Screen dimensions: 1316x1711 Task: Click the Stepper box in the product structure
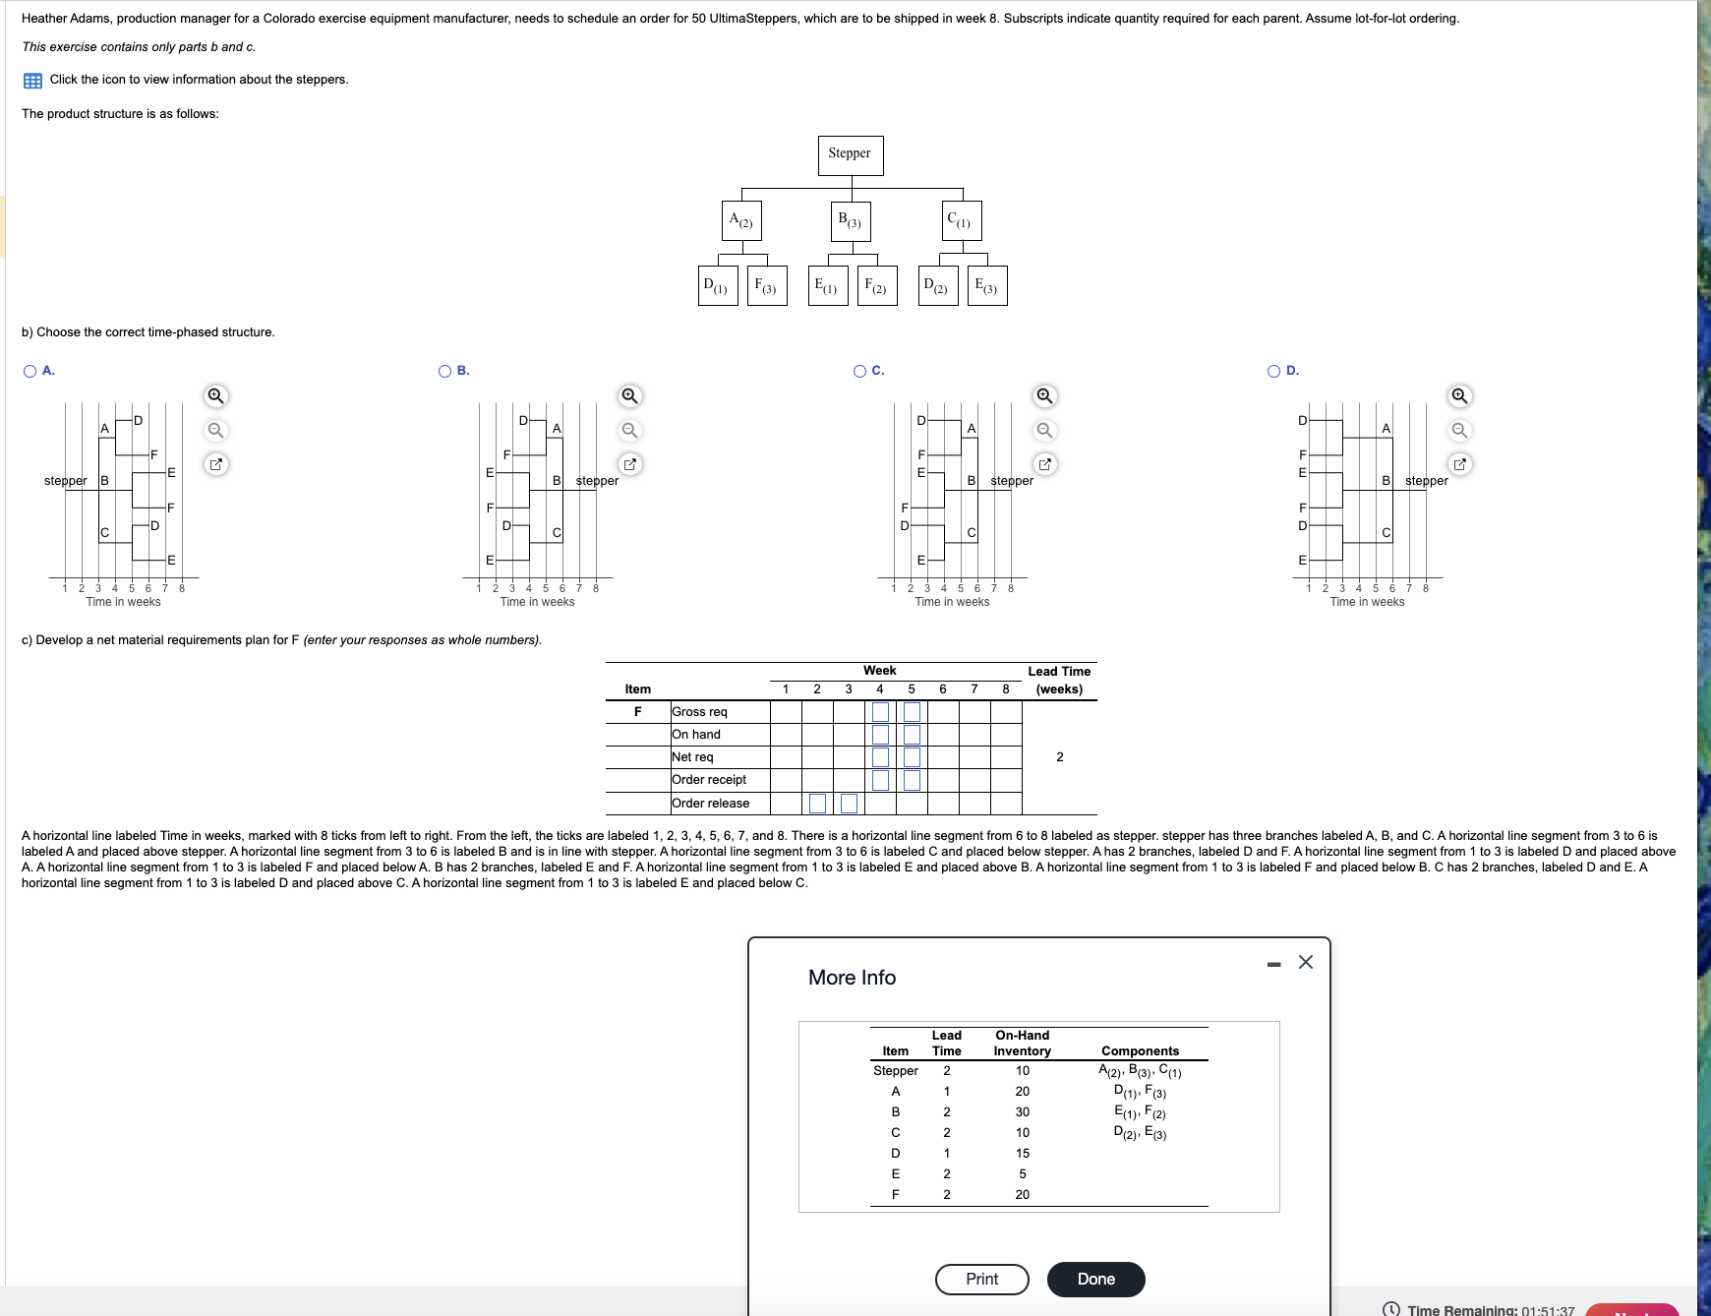[x=850, y=155]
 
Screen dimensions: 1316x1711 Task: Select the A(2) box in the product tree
[x=741, y=221]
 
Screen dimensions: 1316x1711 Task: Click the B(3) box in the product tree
[x=850, y=221]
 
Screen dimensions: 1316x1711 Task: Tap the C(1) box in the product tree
[x=960, y=221]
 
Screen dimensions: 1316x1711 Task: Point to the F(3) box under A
[x=766, y=286]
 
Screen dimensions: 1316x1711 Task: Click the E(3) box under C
[x=986, y=286]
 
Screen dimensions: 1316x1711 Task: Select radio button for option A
[x=30, y=371]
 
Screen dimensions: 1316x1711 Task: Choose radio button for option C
[x=860, y=371]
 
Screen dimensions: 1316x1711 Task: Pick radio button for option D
[x=1274, y=371]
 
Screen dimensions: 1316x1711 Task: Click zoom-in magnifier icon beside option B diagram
[x=630, y=396]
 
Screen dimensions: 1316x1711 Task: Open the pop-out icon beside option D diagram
[x=1460, y=463]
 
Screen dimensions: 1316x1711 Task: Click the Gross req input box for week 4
[x=880, y=711]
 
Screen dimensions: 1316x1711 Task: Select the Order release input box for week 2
[x=817, y=804]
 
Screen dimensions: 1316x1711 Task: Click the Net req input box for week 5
[x=912, y=757]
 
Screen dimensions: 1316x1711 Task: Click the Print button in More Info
[x=981, y=1279]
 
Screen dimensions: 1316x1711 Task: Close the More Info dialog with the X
[x=1306, y=962]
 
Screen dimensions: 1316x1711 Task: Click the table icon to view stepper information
[x=32, y=81]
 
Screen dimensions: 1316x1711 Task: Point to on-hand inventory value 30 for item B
[x=1023, y=1111]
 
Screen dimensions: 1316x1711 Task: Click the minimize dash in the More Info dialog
[x=1274, y=964]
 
